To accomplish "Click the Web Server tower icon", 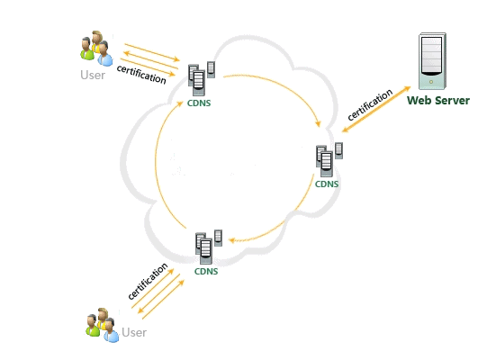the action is coord(432,61).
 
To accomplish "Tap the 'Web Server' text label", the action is coord(438,100).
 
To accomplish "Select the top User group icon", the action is coord(96,49).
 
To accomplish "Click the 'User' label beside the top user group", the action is coord(93,75).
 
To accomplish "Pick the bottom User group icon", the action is coord(102,325).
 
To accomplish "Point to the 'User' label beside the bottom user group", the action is coord(134,332).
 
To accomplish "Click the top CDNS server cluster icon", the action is coord(202,78).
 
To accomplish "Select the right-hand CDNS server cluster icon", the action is coord(329,159).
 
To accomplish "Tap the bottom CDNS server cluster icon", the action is coord(209,247).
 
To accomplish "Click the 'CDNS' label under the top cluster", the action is coord(199,103).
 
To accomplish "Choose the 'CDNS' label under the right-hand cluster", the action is coord(327,184).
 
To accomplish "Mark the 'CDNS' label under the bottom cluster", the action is coord(206,271).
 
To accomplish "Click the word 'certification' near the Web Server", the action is coord(370,104).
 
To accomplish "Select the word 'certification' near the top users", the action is coord(141,74).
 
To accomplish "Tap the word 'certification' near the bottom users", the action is coord(148,281).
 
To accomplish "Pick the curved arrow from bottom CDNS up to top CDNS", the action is coord(158,165).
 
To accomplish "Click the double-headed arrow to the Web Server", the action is coord(376,109).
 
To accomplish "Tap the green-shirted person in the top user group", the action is coord(87,49).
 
